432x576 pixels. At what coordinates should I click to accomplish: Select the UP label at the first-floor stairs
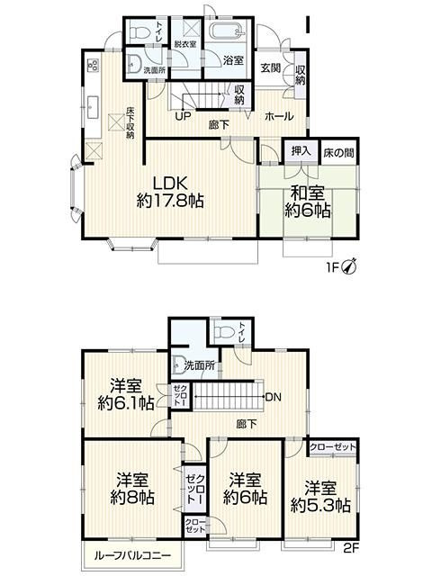point(183,116)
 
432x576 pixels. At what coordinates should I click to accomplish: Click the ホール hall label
point(277,116)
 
